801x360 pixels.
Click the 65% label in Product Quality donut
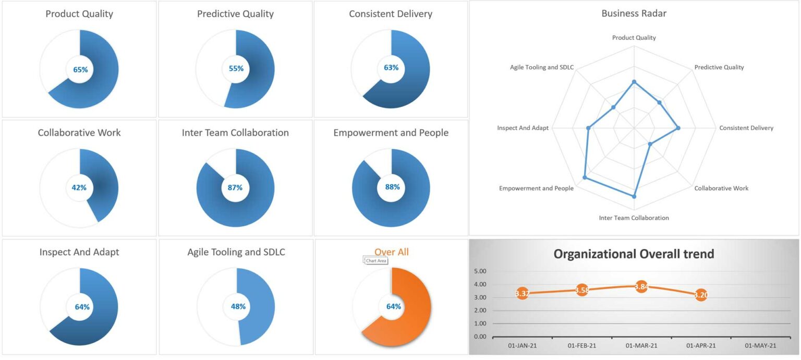[x=80, y=69]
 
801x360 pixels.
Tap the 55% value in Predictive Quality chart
[x=236, y=68]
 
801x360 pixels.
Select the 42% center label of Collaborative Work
[x=79, y=188]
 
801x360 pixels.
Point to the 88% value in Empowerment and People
[x=392, y=187]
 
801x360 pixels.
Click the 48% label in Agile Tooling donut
[x=238, y=306]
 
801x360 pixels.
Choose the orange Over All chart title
[x=391, y=252]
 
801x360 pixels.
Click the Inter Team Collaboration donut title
[x=235, y=133]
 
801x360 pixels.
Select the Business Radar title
[x=634, y=14]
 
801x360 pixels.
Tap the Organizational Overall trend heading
[x=634, y=254]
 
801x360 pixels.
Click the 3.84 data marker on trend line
[x=641, y=286]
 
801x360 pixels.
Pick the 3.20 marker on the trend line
[x=701, y=295]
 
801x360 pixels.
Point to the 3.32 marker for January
[x=522, y=294]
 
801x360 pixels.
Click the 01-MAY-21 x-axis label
[x=760, y=346]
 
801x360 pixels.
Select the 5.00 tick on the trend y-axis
[x=479, y=271]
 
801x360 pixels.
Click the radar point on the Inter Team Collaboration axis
[x=634, y=197]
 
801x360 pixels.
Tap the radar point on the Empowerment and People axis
[x=585, y=178]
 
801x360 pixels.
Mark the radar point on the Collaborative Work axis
[x=650, y=144]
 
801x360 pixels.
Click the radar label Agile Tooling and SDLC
[x=542, y=67]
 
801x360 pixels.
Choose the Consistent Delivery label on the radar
[x=746, y=128]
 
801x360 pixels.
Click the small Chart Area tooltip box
[x=375, y=260]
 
